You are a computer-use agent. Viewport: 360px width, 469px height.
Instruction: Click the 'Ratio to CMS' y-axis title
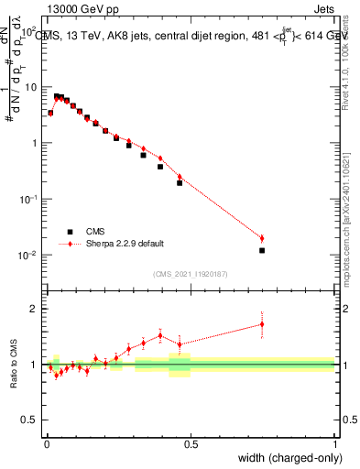pos(13,365)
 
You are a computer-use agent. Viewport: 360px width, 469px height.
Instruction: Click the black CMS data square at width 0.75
pos(262,250)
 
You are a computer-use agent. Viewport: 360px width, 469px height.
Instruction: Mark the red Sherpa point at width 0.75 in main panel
pos(262,238)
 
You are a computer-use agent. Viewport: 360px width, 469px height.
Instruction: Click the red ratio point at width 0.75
pos(262,323)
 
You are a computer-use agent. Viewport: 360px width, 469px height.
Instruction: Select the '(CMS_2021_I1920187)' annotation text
pos(191,273)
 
